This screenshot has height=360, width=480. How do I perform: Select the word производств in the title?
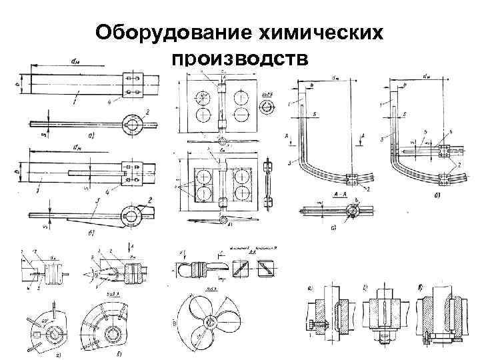coord(240,60)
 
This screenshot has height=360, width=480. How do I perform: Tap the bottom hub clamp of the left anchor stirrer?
coord(351,179)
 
